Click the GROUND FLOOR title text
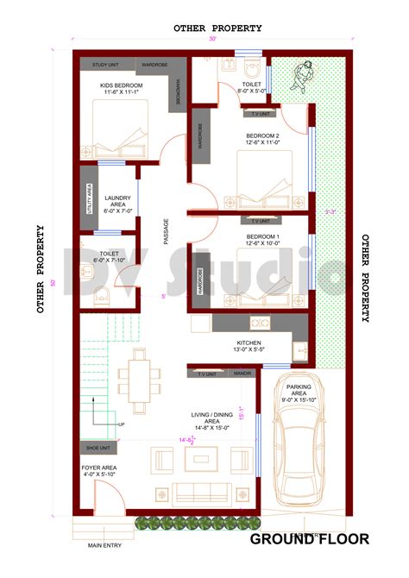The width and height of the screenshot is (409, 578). tap(310, 540)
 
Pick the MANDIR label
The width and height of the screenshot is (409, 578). tap(242, 374)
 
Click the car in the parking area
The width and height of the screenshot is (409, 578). tap(299, 449)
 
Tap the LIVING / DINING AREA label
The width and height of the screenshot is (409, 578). tap(211, 418)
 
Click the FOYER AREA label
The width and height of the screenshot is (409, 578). tap(101, 471)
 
